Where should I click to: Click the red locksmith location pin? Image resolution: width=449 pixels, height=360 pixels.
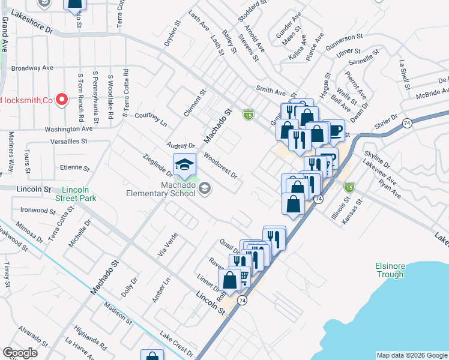click(x=61, y=100)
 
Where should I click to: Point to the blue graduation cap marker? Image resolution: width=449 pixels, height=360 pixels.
click(x=185, y=164)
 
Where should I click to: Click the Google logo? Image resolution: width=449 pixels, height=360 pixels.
click(x=20, y=353)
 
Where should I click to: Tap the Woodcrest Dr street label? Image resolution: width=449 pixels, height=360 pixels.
click(x=221, y=166)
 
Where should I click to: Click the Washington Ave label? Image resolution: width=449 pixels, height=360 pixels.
click(x=68, y=128)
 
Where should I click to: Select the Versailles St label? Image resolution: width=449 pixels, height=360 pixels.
click(x=68, y=142)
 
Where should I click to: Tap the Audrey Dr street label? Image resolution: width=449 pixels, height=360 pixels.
click(x=181, y=146)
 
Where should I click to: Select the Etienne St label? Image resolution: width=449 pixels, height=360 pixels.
click(x=74, y=169)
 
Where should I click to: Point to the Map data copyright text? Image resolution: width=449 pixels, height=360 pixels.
click(x=412, y=355)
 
